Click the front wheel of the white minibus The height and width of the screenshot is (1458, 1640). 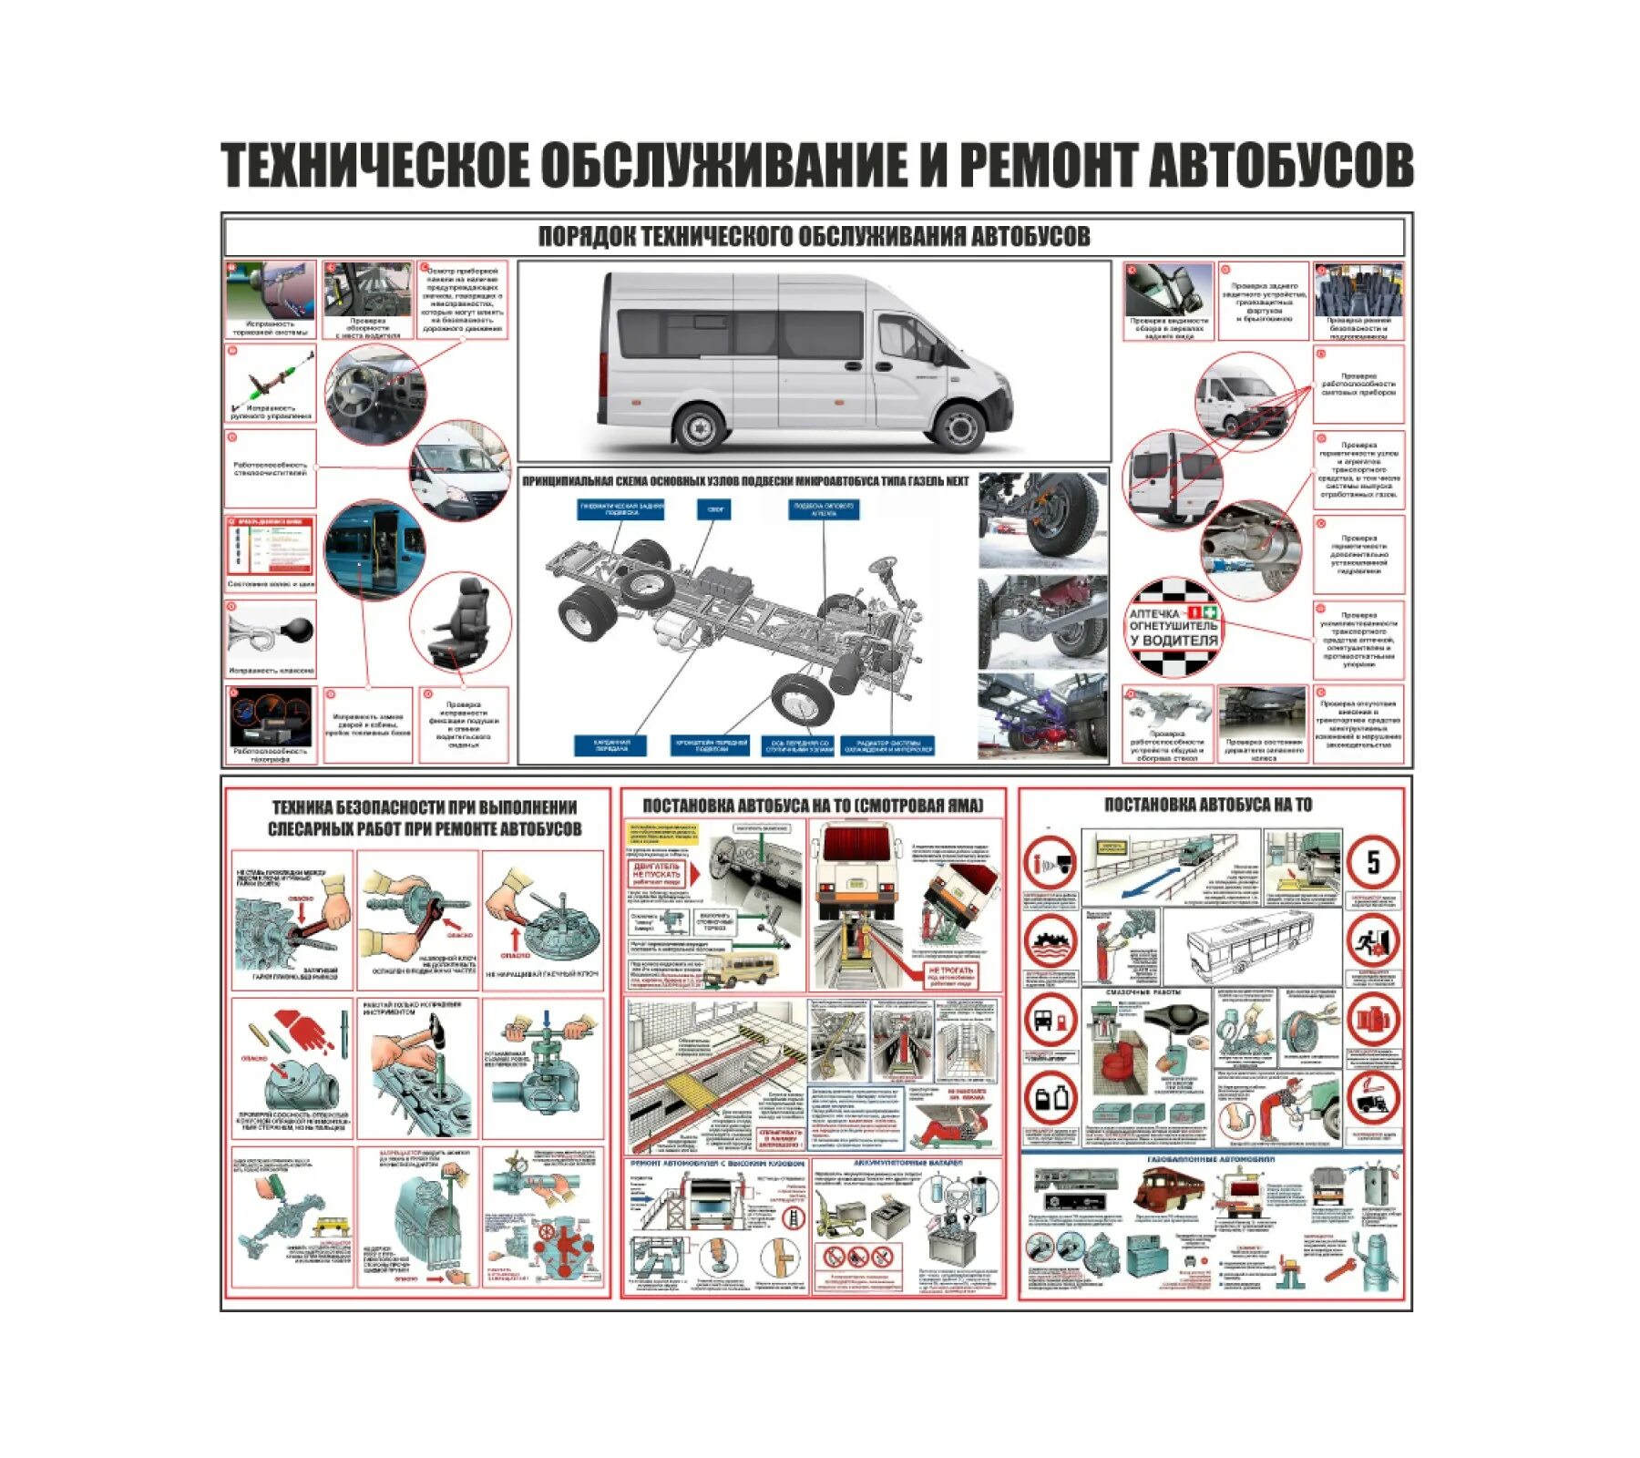point(958,426)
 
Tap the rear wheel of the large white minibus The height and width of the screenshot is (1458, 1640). point(701,426)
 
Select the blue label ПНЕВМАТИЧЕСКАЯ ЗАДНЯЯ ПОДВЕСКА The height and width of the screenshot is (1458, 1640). point(620,508)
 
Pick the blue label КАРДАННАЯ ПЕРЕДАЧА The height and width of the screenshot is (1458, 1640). point(611,745)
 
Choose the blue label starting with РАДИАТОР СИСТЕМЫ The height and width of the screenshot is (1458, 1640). point(887,745)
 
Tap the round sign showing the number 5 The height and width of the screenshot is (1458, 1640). point(1372,861)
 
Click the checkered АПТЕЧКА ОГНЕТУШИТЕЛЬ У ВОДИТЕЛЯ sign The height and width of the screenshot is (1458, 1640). point(1173,627)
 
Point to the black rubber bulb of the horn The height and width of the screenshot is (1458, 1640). point(297,630)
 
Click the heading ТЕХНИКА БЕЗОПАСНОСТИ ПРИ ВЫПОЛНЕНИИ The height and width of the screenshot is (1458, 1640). point(425,806)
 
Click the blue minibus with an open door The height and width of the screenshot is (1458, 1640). point(374,549)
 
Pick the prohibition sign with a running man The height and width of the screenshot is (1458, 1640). point(1372,942)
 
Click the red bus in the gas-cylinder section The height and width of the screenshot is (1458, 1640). point(1169,1190)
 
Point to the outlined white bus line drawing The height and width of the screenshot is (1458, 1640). point(1249,943)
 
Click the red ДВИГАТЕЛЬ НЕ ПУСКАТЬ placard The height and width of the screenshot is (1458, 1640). point(657,874)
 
